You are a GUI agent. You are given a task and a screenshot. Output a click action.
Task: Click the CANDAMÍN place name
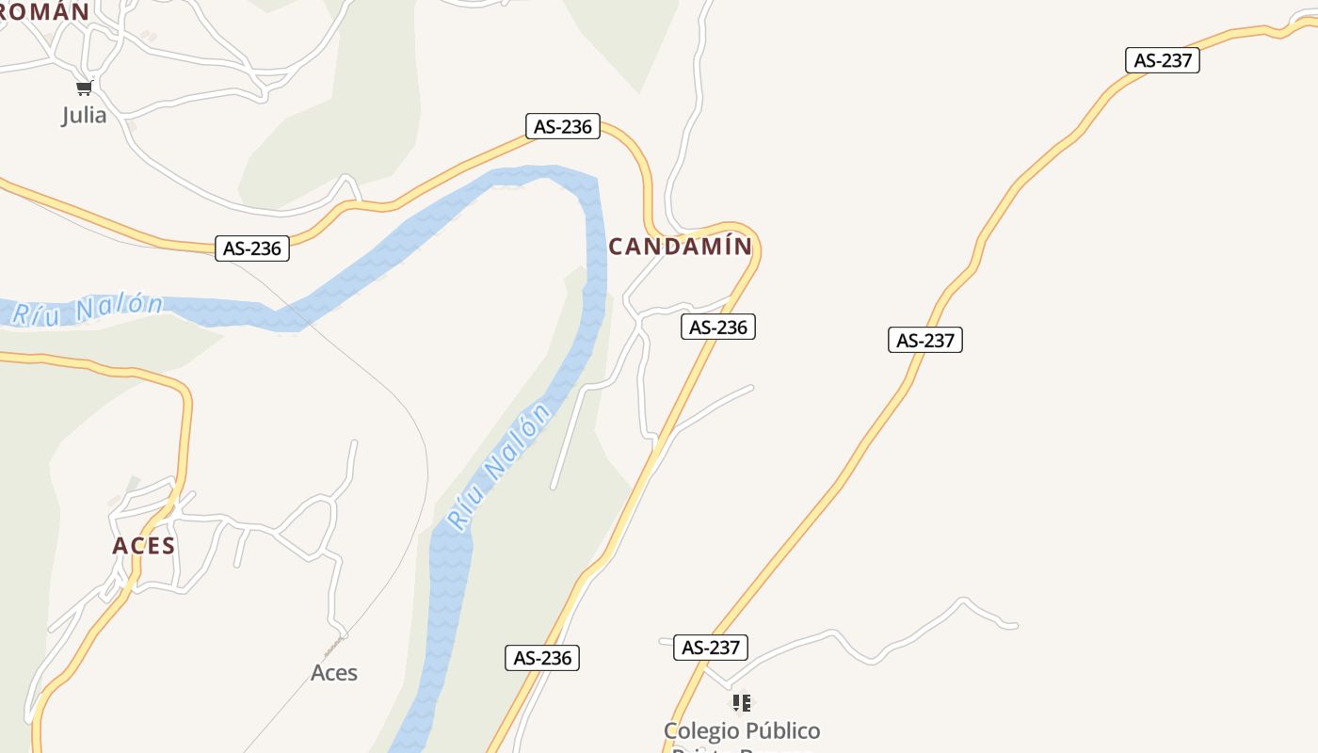click(680, 247)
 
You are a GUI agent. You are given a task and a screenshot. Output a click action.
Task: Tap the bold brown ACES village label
click(144, 546)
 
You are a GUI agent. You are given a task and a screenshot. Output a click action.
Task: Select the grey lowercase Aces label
click(334, 673)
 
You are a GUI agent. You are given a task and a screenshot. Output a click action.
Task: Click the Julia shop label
click(84, 116)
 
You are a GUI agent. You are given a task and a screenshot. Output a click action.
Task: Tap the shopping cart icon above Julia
click(84, 88)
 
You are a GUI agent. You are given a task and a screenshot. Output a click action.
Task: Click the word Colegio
click(699, 731)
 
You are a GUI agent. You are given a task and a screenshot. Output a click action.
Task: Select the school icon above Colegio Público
click(742, 703)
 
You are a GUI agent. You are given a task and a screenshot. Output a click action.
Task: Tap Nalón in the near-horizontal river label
click(120, 307)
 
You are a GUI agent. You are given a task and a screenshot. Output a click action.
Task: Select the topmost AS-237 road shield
click(1163, 60)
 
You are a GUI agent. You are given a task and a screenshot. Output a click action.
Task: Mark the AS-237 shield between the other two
click(925, 340)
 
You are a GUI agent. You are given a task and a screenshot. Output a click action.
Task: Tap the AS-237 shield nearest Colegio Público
click(711, 648)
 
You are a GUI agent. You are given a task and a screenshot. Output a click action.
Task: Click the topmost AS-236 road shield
click(563, 126)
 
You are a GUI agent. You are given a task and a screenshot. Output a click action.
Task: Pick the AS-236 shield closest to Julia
click(252, 248)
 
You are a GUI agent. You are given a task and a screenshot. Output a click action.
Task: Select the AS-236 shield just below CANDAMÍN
click(718, 327)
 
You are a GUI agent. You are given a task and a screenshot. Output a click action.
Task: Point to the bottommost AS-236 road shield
click(542, 658)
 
